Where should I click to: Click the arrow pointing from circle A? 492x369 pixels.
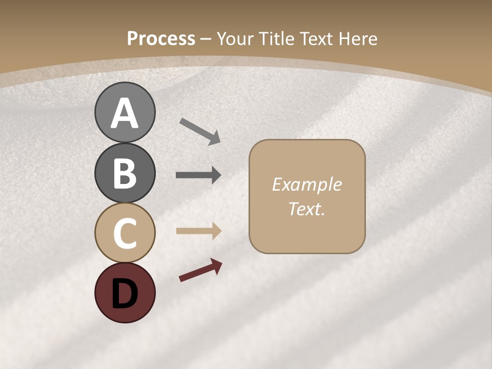tap(200, 131)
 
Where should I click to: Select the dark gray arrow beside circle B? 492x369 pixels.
tap(198, 175)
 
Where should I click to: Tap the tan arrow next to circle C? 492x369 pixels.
tap(198, 231)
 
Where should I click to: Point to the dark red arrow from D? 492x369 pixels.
tap(200, 270)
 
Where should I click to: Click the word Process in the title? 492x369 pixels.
tap(161, 39)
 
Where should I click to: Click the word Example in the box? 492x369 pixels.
tap(306, 184)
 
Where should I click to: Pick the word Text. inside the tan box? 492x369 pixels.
tap(306, 209)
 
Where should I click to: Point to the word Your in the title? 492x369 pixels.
tap(236, 39)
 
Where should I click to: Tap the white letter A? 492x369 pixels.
tap(125, 114)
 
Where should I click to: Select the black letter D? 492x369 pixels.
tap(125, 293)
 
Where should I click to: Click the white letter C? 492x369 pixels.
tap(125, 233)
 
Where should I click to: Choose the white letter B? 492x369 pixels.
tap(125, 173)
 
